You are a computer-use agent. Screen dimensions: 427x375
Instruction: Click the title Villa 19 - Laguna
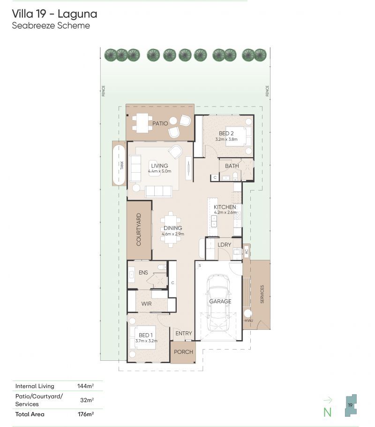54,14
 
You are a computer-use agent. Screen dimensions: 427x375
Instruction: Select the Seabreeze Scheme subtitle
51,26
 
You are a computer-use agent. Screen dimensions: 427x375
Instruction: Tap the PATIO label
159,123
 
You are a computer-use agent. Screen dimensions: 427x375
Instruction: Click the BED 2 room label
227,134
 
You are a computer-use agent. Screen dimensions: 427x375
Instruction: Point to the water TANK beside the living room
119,164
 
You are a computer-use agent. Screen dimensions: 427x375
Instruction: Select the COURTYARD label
139,229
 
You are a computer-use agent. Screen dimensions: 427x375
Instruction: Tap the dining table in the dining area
172,229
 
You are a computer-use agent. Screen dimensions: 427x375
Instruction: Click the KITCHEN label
225,207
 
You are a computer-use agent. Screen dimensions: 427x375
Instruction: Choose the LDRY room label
225,244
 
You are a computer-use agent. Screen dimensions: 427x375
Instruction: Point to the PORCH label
183,352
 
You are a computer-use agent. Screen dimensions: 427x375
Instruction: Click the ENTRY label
183,334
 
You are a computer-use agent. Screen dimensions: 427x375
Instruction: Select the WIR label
147,304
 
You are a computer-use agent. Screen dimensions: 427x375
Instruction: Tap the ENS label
143,272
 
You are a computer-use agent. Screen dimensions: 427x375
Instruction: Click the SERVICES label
262,294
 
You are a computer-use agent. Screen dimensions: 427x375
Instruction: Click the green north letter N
327,412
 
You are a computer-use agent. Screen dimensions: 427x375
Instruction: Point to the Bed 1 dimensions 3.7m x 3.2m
146,341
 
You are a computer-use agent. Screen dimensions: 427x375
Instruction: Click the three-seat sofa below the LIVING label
158,191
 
